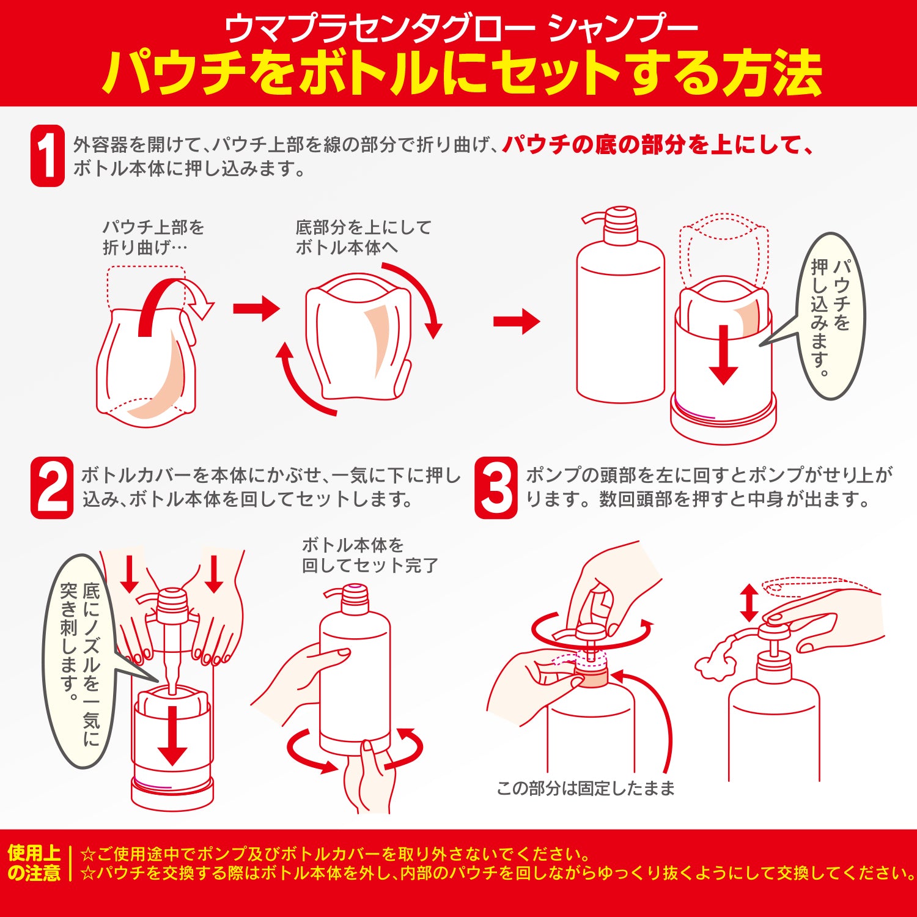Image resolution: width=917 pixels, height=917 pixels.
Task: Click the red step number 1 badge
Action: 48,156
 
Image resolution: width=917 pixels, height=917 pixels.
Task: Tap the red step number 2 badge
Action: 52,488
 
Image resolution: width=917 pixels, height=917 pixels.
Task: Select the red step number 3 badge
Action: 496,488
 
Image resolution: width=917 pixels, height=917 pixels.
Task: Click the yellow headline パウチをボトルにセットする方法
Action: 462,73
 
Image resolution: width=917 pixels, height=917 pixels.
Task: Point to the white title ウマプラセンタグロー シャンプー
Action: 462,28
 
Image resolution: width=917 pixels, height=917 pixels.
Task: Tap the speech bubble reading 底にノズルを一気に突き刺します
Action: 79,660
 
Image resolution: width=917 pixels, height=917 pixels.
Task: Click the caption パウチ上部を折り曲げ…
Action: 153,237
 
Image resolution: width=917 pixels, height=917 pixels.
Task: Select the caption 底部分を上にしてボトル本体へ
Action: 363,237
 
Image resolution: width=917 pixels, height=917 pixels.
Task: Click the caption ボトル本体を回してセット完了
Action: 370,555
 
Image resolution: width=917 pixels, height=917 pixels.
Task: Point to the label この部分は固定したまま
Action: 586,789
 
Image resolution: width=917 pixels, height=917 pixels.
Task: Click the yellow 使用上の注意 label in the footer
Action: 34,863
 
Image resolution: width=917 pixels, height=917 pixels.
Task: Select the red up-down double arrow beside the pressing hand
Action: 749,603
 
